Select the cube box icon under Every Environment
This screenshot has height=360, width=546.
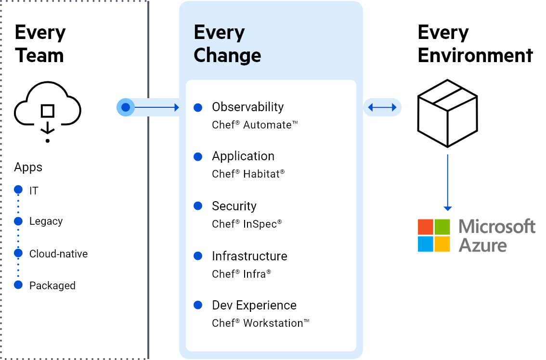[x=447, y=114]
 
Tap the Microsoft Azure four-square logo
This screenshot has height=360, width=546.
[x=434, y=236]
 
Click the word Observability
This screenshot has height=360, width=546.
[x=247, y=107]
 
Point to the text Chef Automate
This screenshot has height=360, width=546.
[x=255, y=125]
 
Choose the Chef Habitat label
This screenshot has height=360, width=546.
[x=248, y=174]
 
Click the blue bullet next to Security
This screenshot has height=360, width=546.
[x=197, y=206]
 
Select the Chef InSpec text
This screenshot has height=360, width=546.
[x=247, y=224]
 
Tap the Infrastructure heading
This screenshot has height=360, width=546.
[x=249, y=256]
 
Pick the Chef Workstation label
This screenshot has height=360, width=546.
[x=260, y=323]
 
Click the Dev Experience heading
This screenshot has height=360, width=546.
[x=254, y=305]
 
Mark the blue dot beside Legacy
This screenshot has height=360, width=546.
[x=18, y=221]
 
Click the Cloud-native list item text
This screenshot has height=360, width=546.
[x=58, y=254]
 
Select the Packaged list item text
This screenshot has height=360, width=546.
[x=52, y=285]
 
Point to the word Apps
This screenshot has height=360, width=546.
[x=28, y=167]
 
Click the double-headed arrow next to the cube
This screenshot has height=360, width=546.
[x=382, y=108]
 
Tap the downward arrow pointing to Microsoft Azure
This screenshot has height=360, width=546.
[x=447, y=183]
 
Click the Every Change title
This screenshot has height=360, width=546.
[x=227, y=44]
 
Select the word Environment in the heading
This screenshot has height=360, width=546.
[x=475, y=55]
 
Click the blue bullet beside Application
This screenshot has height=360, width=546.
[x=197, y=156]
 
